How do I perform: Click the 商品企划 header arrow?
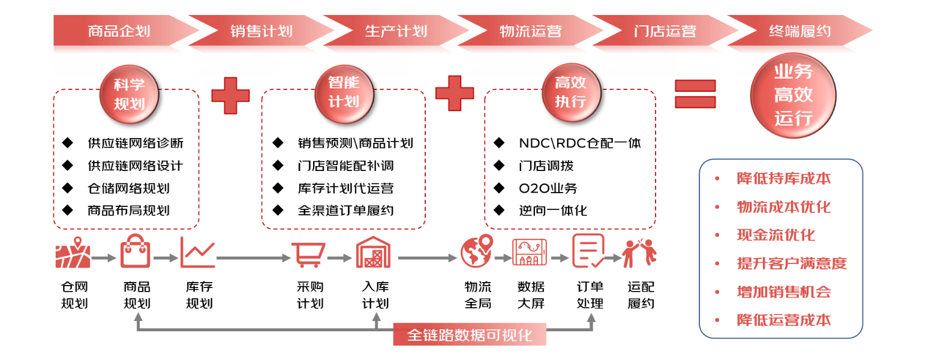coord(122,31)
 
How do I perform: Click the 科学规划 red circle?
coord(130,94)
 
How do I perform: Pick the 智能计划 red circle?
coord(344,94)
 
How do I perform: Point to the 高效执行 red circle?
coord(571,93)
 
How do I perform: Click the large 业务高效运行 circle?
coord(793,95)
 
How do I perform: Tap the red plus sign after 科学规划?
coord(230,95)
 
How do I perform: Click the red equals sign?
coord(695,94)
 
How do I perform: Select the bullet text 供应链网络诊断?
coord(136,143)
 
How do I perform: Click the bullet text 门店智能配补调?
coord(345,166)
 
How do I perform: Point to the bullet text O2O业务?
coord(548,188)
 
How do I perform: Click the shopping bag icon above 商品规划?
coord(136,251)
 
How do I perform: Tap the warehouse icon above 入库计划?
coord(374,252)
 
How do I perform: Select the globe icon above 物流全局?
coord(476,251)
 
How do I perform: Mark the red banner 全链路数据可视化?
coord(470,335)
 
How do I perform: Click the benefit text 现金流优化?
coord(776,235)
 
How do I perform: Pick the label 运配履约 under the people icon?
coord(641,295)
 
